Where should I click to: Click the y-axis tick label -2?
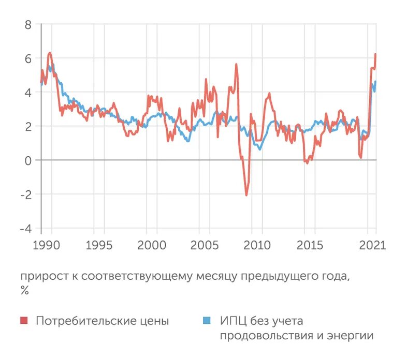click(25, 194)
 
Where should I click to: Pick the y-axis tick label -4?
click(25, 229)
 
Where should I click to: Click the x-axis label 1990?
click(42, 244)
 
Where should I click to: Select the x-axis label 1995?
click(98, 244)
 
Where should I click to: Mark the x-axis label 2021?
click(373, 244)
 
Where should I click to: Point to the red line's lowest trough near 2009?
click(247, 195)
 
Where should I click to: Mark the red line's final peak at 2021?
click(375, 54)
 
